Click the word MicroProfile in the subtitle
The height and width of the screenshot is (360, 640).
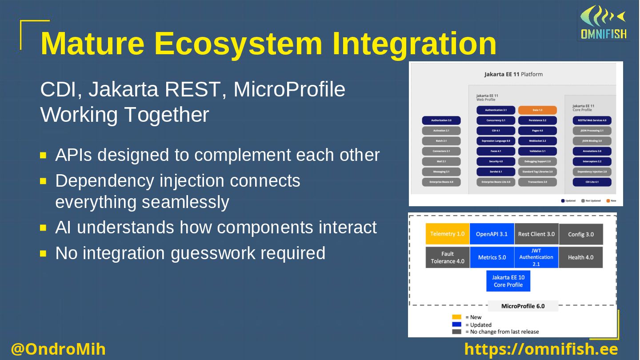[289, 89]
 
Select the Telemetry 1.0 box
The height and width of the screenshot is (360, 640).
[448, 234]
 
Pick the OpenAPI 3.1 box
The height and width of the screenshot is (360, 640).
[492, 234]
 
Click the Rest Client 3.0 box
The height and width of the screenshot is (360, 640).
[536, 234]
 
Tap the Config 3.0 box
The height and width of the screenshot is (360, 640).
[580, 234]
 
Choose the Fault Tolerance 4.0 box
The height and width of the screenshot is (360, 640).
[448, 257]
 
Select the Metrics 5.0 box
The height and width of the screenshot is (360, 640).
[492, 257]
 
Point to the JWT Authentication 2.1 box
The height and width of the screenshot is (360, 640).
[536, 257]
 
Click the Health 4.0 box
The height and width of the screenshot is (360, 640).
[580, 257]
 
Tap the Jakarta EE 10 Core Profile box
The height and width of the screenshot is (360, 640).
[508, 281]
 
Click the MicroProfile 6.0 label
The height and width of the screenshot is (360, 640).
[523, 306]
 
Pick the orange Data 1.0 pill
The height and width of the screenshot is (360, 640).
[537, 110]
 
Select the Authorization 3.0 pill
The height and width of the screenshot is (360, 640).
[441, 120]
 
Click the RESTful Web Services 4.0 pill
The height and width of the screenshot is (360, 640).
[592, 120]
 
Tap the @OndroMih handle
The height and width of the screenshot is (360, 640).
[58, 349]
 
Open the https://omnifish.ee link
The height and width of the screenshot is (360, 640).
[541, 349]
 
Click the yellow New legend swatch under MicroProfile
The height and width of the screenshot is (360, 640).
[456, 317]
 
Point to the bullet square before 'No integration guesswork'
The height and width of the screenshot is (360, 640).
[43, 254]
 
